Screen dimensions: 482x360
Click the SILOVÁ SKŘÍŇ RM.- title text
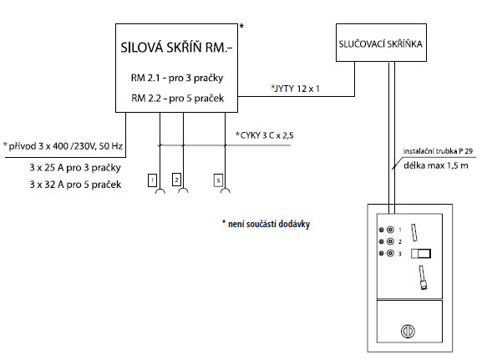176,48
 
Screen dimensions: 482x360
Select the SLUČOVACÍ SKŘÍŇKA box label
381,44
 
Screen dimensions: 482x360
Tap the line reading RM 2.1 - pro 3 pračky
177,78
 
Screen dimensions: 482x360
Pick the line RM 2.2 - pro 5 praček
177,99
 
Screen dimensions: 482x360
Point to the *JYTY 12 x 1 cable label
295,89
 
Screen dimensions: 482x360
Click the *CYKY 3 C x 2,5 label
264,135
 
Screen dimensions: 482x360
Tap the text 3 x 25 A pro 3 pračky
75,168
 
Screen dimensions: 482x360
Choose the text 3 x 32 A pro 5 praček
75,185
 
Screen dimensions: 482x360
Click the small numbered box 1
153,180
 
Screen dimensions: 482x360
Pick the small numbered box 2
176,180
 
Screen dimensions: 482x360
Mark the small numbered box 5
218,180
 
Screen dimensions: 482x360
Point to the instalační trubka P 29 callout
438,151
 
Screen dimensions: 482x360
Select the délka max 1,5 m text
436,165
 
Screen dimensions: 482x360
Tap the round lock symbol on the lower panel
408,332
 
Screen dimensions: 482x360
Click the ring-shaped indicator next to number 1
390,230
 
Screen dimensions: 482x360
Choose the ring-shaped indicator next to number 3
390,253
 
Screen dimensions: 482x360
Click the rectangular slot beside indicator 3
421,254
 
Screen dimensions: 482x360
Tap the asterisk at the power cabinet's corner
241,27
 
